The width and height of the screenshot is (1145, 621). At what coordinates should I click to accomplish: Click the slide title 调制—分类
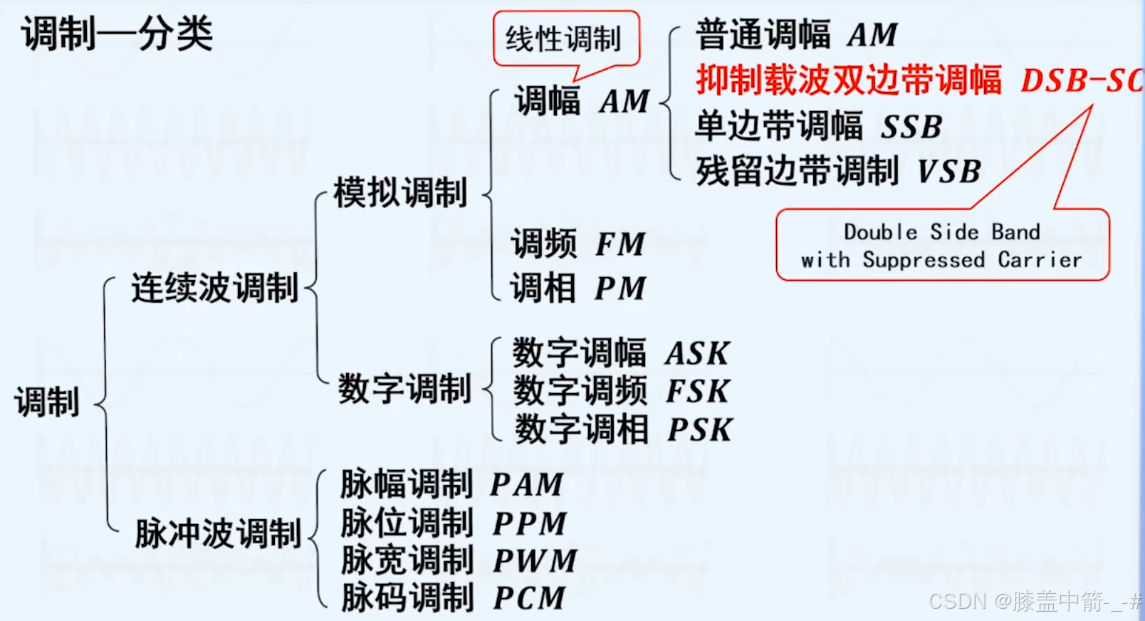(117, 33)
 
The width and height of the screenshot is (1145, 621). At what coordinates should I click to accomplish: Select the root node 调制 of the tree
(47, 402)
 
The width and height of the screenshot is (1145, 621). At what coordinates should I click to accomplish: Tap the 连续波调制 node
(214, 288)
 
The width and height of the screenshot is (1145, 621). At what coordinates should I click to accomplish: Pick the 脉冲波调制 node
(218, 533)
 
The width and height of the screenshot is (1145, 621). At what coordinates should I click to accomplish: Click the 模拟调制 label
(400, 193)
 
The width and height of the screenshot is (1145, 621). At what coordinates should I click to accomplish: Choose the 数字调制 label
(404, 389)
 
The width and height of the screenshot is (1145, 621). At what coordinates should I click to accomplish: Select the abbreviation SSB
(911, 127)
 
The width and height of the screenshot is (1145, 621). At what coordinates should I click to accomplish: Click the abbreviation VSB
(949, 172)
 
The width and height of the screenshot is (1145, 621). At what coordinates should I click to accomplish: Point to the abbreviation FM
(620, 245)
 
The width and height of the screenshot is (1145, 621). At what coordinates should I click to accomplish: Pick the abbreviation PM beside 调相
(620, 288)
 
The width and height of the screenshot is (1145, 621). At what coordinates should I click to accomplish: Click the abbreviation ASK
(698, 353)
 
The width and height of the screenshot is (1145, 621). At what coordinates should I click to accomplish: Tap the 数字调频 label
(580, 391)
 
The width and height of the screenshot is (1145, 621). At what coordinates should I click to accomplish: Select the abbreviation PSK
(699, 429)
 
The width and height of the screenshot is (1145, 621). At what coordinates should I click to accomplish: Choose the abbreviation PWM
(535, 560)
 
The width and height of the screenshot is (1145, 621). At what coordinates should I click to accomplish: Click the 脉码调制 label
(407, 597)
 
